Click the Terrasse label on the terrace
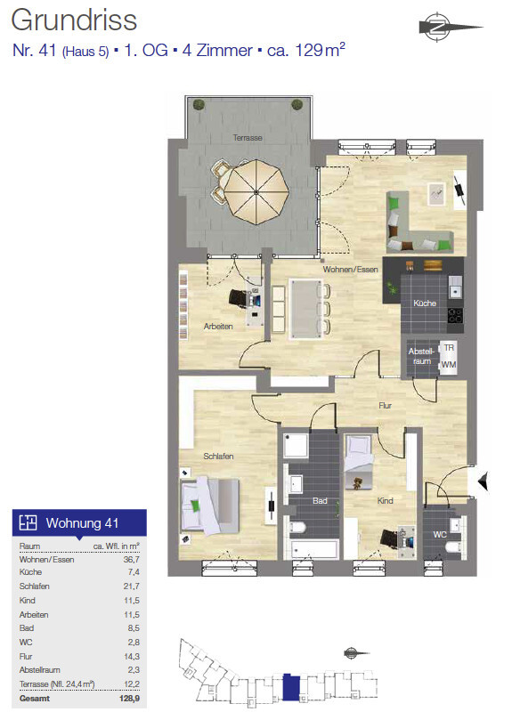click(248, 138)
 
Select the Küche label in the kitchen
click(425, 303)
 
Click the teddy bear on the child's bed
click(357, 483)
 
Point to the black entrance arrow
click(484, 481)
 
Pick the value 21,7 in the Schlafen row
click(132, 586)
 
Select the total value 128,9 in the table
click(130, 699)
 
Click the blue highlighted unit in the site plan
click(291, 687)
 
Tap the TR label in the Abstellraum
click(449, 348)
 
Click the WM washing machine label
click(449, 365)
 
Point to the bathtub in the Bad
click(313, 549)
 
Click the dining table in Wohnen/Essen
click(305, 309)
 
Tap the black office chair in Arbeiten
click(240, 298)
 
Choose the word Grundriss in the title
click(74, 20)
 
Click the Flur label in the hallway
click(386, 406)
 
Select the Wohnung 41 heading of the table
click(82, 523)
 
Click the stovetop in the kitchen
click(455, 316)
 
